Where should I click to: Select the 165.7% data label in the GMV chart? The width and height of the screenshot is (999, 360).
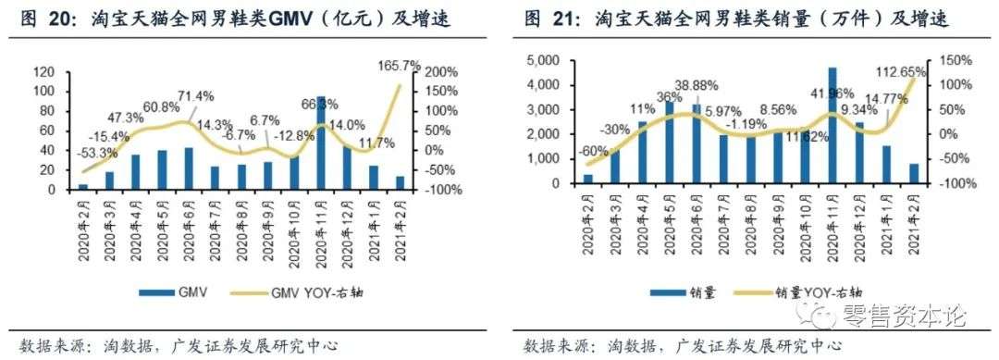click(x=400, y=67)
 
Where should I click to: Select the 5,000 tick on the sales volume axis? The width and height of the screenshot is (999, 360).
click(x=539, y=60)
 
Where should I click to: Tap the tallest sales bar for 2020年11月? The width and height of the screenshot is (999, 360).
click(x=832, y=125)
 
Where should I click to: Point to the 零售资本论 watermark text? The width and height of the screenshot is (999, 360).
click(x=906, y=317)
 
